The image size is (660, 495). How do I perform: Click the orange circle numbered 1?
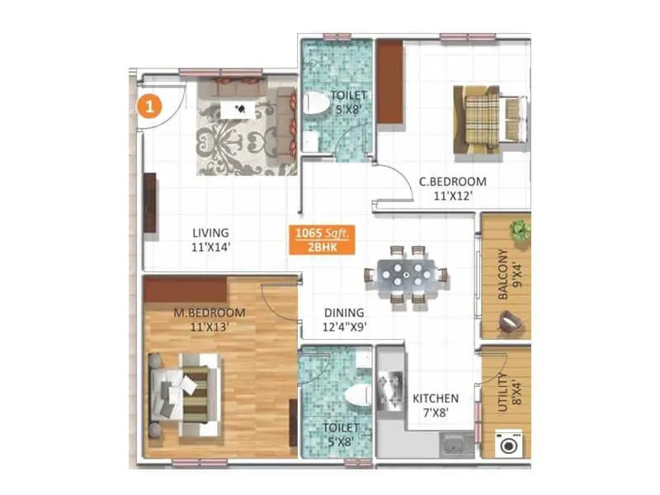148,106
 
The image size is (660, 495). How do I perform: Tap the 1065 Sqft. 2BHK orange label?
322,240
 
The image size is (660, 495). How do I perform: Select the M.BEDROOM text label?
209,313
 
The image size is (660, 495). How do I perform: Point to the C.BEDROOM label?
452,181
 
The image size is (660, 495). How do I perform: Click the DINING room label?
344,313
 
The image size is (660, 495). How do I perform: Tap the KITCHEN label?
436,398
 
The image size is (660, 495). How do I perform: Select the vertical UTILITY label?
503,391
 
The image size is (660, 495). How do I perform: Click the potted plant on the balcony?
518,230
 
